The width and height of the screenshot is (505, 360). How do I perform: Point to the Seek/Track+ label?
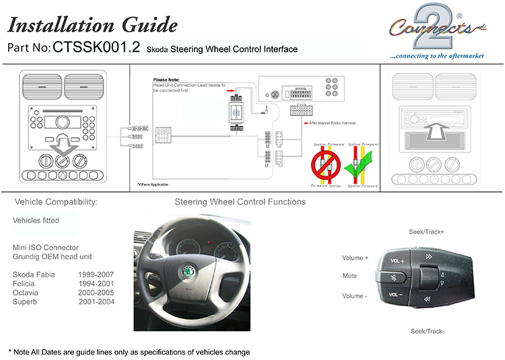[x=426, y=232]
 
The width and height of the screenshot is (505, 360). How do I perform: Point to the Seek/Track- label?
[x=427, y=331]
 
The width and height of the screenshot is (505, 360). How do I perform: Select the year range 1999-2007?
[x=96, y=275]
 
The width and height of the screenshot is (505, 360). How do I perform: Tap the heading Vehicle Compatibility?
[x=56, y=202]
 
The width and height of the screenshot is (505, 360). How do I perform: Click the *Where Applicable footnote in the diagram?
[x=153, y=184]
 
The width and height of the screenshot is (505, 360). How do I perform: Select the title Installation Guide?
[x=92, y=26]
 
